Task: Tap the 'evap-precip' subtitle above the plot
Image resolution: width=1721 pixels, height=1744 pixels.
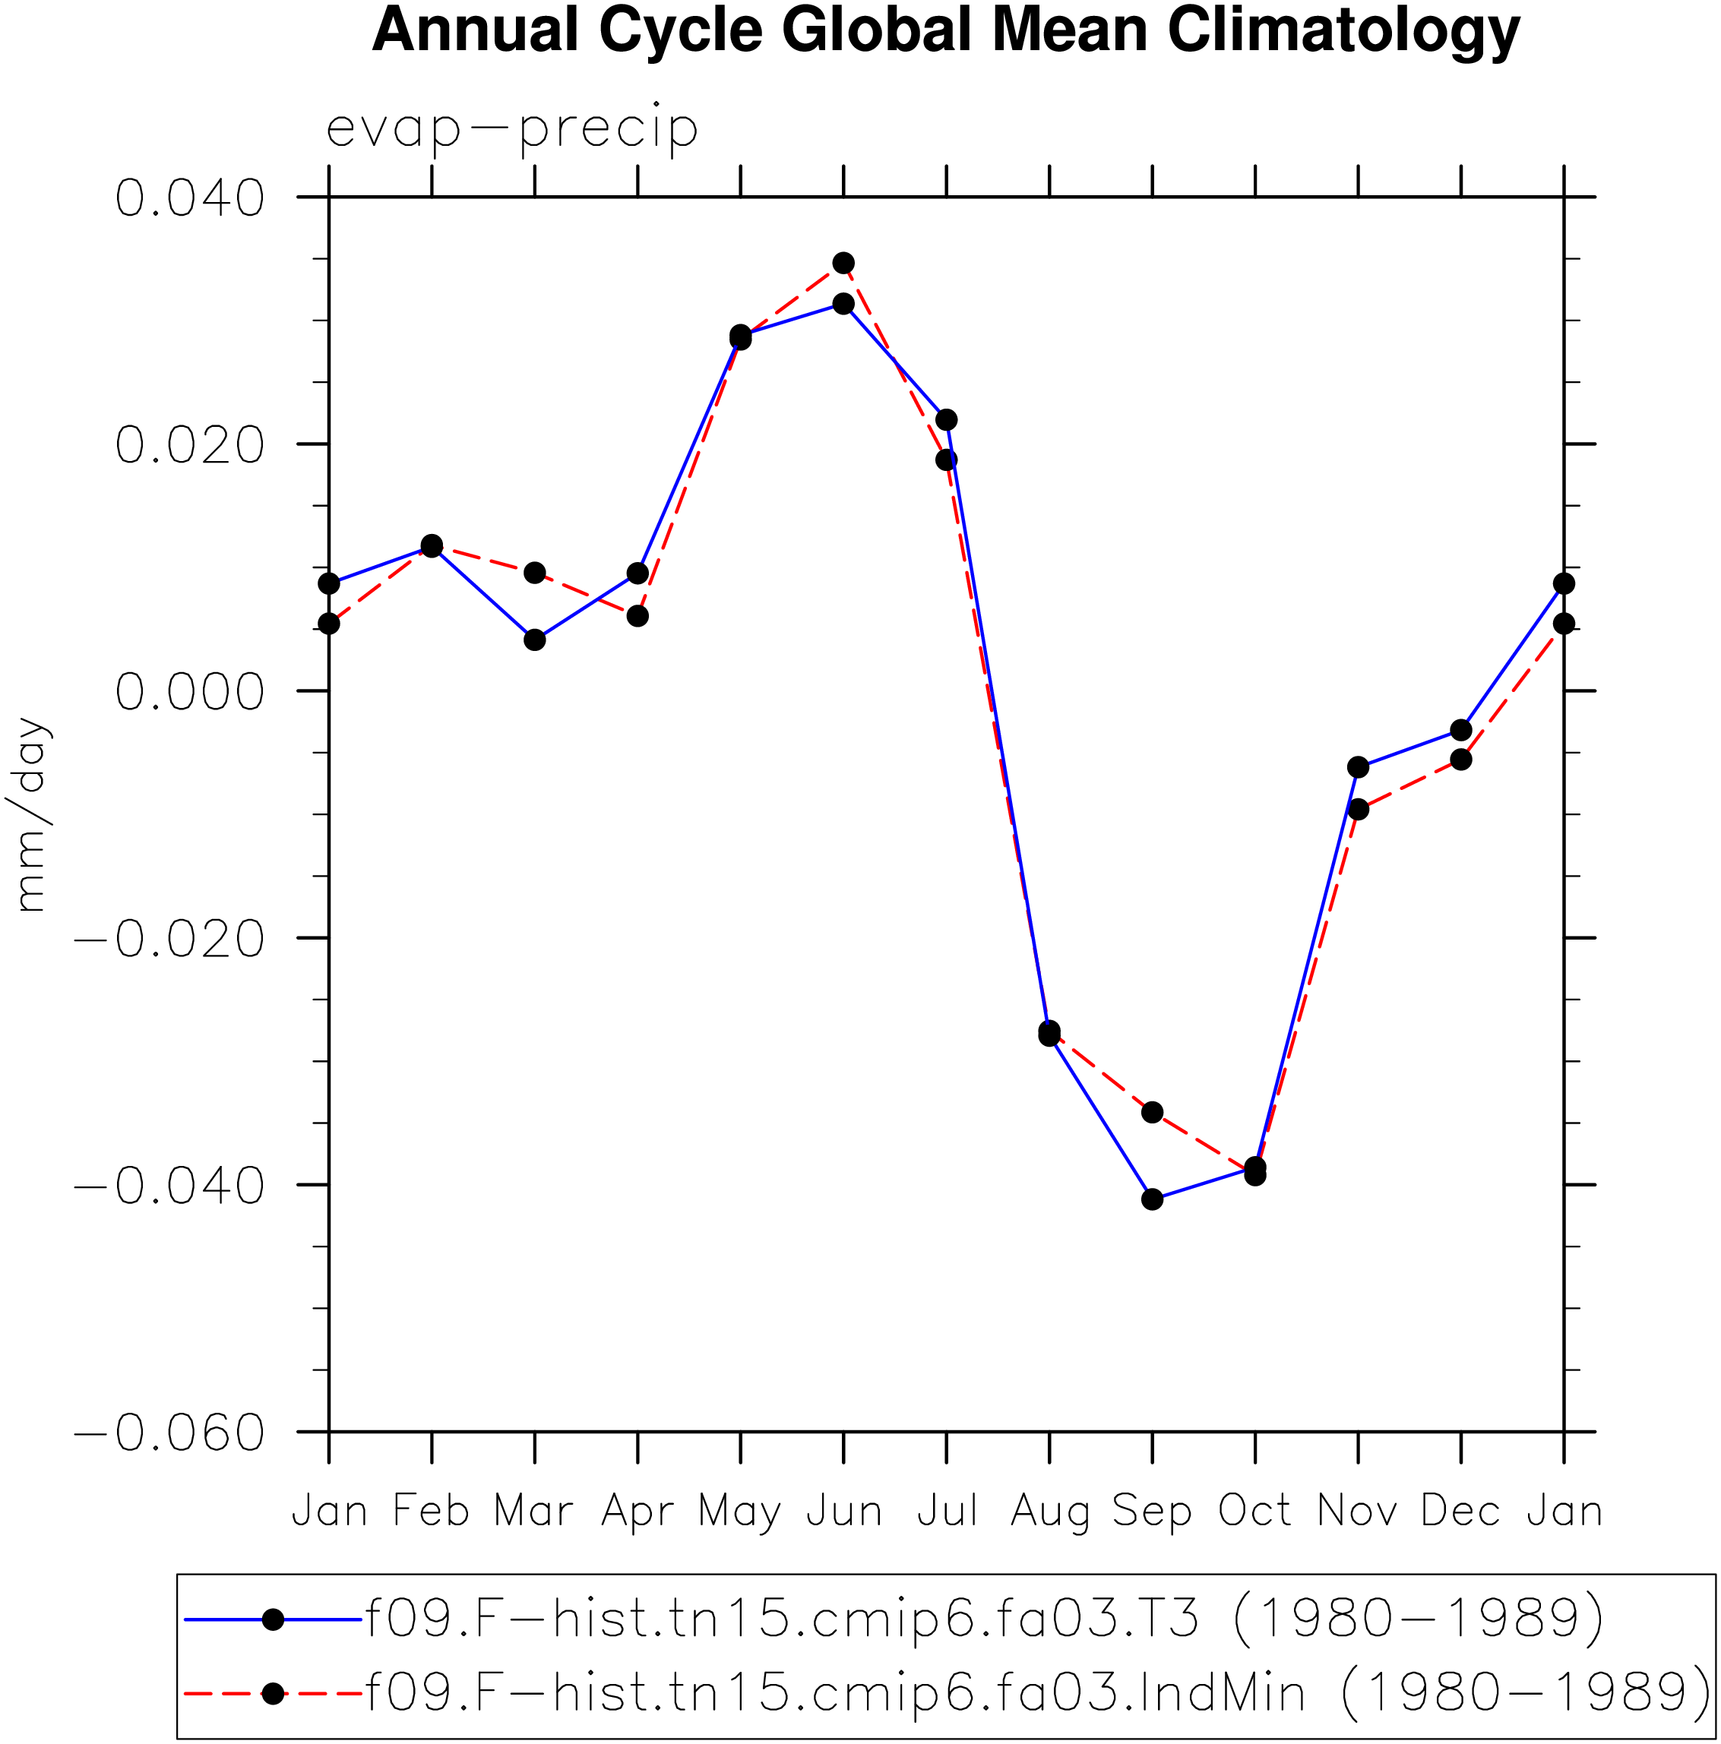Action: [512, 128]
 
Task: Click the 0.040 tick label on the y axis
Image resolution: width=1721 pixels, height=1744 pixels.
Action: [190, 197]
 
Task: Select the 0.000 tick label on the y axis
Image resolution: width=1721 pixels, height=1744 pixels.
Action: [190, 693]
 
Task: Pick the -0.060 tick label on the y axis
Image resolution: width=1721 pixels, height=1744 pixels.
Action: [169, 1433]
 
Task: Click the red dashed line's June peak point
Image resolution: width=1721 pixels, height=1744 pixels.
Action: [843, 263]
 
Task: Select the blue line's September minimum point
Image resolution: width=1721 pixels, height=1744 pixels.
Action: [1152, 1199]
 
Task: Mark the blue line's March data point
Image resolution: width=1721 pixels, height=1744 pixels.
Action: [535, 640]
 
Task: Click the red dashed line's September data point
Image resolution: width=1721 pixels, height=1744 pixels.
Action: [1152, 1112]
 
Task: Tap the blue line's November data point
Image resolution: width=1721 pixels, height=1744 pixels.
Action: [1358, 767]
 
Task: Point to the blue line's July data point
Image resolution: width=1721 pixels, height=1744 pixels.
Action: [946, 420]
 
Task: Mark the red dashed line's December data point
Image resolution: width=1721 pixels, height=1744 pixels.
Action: [1461, 759]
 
